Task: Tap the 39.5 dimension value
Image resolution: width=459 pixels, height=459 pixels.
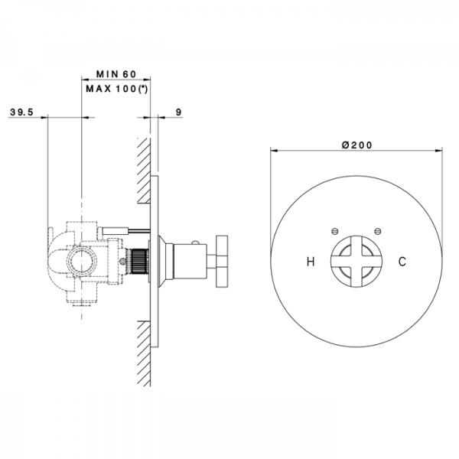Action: point(22,112)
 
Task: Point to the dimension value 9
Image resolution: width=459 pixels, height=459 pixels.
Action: point(178,112)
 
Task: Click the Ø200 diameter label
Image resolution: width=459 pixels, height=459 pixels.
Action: point(356,145)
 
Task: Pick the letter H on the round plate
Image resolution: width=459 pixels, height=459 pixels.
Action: point(311,262)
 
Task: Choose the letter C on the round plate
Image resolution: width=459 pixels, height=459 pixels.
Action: point(402,262)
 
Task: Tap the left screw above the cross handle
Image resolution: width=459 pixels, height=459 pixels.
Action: point(334,229)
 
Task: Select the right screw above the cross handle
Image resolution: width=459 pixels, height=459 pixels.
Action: point(376,229)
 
